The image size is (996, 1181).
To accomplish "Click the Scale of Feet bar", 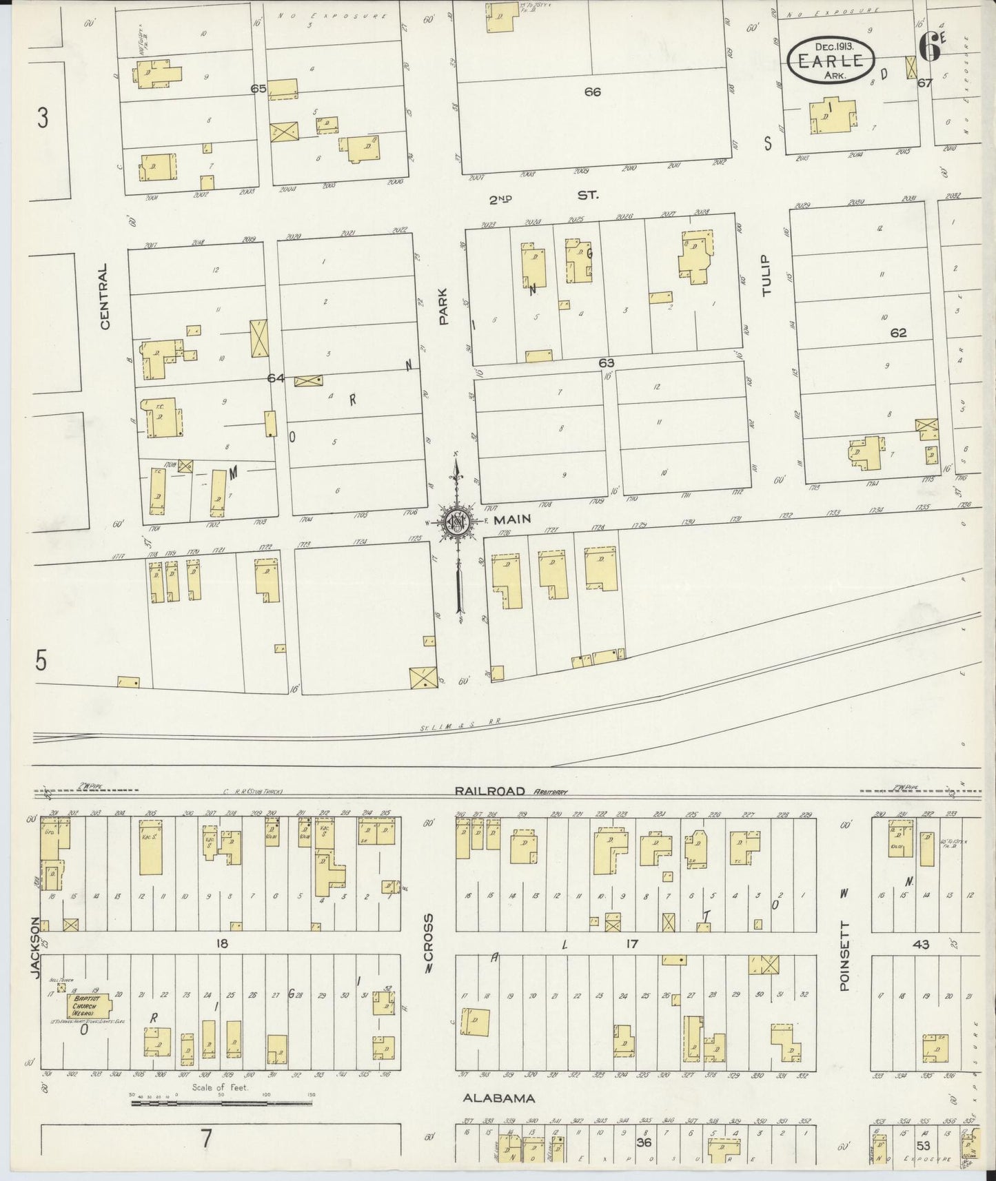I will point(221,1103).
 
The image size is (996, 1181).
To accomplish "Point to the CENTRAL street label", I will point(105,296).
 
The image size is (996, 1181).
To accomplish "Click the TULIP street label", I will point(766,275).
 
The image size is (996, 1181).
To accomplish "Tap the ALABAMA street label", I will point(498,1098).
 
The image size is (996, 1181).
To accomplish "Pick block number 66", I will point(592,92).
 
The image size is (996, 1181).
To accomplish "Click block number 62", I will point(898,333).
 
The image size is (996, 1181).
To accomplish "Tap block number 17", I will point(631,944).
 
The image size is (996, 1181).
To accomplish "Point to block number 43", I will point(921,944).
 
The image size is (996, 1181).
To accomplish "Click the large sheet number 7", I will point(206,1138).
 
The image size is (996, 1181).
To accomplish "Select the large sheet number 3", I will point(43,119).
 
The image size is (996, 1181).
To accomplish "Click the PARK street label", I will point(444,307).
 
